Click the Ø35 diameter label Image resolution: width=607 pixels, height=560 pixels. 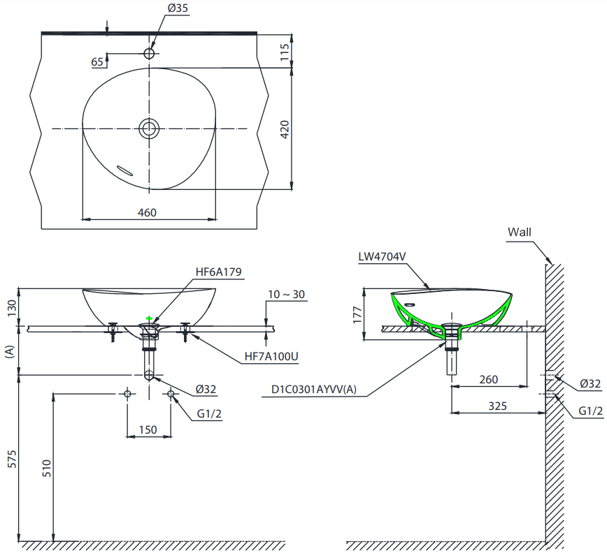(178, 8)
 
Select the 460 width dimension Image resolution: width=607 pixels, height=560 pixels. (147, 212)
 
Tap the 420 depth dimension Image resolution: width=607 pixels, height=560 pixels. (285, 130)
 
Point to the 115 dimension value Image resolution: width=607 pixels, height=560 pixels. (285, 52)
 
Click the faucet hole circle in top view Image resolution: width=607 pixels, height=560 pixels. (149, 53)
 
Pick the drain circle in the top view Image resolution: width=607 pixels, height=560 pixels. (149, 128)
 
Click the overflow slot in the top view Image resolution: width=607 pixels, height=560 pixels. (124, 170)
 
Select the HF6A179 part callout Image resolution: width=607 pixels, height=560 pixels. (218, 272)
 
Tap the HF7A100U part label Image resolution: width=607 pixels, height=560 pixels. (271, 356)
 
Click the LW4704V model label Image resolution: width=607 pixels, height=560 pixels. (382, 257)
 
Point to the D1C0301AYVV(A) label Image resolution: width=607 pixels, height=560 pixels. (314, 390)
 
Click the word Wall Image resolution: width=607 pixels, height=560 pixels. (520, 233)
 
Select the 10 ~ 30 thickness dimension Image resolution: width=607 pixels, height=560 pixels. (287, 295)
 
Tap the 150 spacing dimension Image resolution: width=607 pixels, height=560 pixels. (148, 429)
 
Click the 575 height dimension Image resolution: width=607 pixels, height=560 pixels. (13, 459)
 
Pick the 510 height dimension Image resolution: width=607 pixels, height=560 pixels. (46, 468)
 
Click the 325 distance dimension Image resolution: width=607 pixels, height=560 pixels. (497, 406)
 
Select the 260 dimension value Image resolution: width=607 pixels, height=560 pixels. (489, 380)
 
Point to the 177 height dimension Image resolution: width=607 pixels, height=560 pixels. (357, 315)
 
